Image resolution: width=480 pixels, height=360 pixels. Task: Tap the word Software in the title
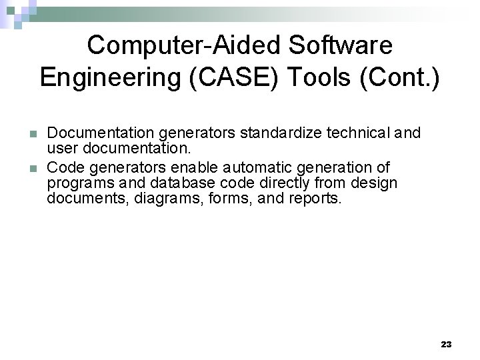click(x=338, y=45)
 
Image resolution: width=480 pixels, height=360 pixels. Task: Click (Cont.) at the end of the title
click(x=399, y=79)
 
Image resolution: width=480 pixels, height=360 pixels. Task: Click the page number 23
click(x=446, y=344)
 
